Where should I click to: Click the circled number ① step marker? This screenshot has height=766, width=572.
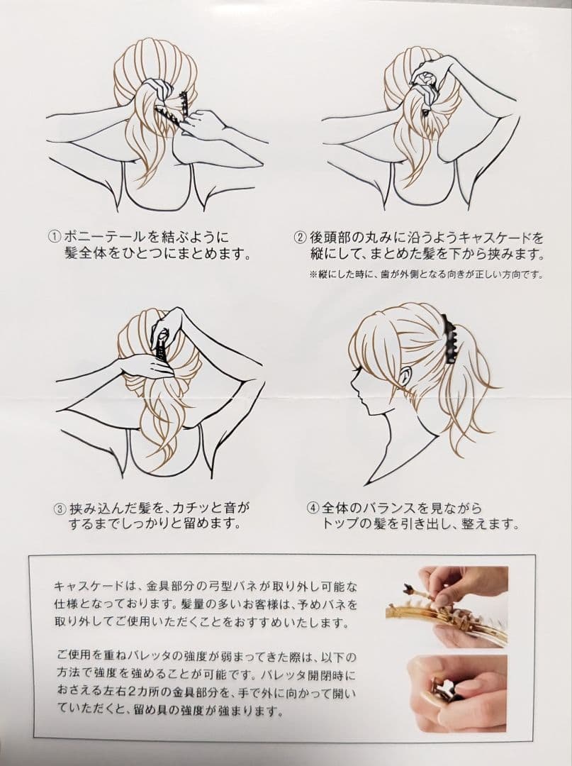54,238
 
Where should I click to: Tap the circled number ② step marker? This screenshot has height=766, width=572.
299,238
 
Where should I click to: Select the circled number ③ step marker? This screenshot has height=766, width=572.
59,509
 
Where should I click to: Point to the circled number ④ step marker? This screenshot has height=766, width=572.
313,509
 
